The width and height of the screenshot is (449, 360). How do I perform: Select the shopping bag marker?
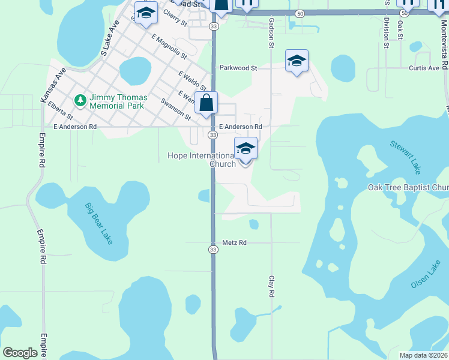206,103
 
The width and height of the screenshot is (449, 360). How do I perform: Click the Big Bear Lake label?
98,223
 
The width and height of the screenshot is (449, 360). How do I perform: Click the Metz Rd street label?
235,242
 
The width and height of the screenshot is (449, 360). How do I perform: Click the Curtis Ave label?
424,68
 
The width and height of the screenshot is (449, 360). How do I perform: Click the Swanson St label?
176,108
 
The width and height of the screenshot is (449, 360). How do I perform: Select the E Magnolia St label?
169,47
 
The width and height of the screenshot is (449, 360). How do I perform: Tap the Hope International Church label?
201,160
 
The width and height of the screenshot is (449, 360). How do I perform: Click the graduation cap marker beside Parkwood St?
297,61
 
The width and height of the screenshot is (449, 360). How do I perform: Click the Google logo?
20,353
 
